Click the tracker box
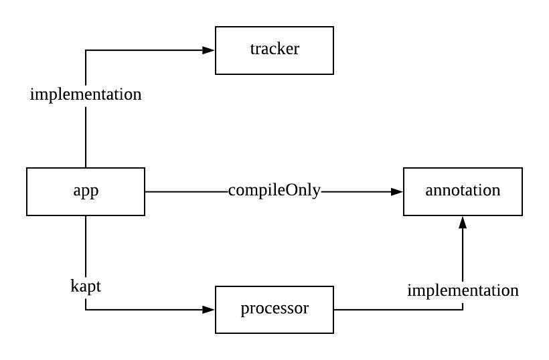click(x=274, y=50)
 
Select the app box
click(x=86, y=191)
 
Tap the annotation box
click(x=463, y=191)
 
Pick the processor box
click(x=274, y=309)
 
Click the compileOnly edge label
click(x=274, y=191)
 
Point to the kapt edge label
click(x=86, y=286)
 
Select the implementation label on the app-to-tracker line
click(x=86, y=94)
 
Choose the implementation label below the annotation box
click(x=463, y=291)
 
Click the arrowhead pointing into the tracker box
click(x=209, y=50)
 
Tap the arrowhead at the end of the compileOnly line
click(x=397, y=191)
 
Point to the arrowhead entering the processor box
click(x=209, y=310)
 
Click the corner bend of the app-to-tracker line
click(x=86, y=50)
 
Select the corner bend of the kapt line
click(x=86, y=310)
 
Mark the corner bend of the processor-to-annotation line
click(x=463, y=310)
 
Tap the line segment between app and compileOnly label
click(x=186, y=191)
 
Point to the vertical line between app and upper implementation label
click(x=86, y=137)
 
